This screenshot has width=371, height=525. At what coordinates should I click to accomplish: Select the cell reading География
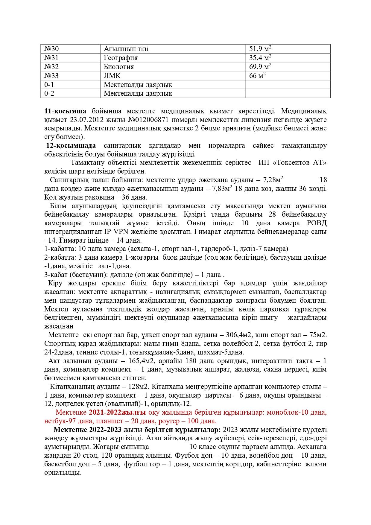pyautogui.click(x=121, y=58)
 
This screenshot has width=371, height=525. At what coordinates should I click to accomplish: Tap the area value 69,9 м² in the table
pyautogui.click(x=260, y=66)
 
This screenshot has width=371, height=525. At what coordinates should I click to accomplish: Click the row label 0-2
pyautogui.click(x=49, y=93)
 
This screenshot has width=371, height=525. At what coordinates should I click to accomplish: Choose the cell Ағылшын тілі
pyautogui.click(x=126, y=49)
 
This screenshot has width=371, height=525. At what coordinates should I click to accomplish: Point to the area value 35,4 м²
pyautogui.click(x=260, y=57)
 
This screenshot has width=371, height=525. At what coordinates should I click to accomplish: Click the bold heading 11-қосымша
pyautogui.click(x=65, y=111)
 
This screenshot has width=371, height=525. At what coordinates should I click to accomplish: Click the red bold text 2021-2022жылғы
pyautogui.click(x=117, y=413)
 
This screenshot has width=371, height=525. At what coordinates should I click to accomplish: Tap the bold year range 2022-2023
pyautogui.click(x=105, y=430)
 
